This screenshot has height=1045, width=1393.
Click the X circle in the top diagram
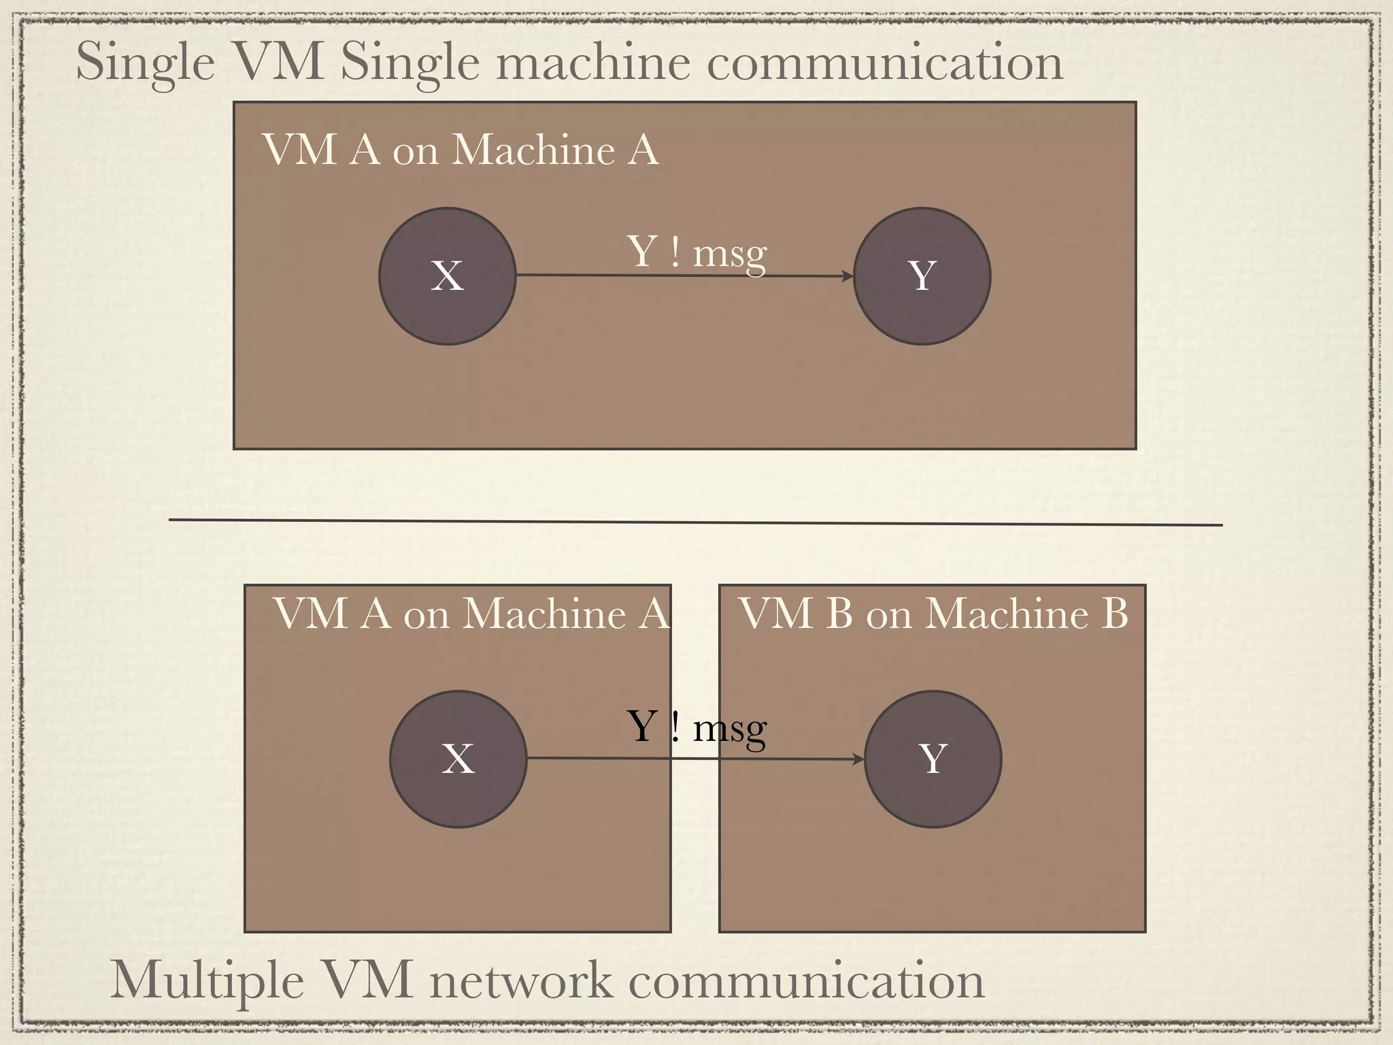447,276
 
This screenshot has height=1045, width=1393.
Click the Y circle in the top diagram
922,276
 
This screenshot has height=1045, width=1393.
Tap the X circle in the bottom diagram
458,759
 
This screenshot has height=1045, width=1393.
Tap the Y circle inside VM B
933,759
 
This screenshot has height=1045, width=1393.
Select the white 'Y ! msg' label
696,253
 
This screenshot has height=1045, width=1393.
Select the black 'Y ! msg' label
696,728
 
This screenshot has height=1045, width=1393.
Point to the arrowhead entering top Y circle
847,276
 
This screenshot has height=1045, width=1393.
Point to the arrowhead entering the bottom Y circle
858,759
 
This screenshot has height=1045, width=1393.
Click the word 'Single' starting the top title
145,63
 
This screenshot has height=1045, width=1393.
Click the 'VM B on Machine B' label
933,614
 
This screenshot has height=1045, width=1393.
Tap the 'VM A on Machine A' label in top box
460,150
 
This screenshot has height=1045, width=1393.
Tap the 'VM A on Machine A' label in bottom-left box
471,614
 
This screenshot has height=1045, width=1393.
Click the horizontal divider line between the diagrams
695,522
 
